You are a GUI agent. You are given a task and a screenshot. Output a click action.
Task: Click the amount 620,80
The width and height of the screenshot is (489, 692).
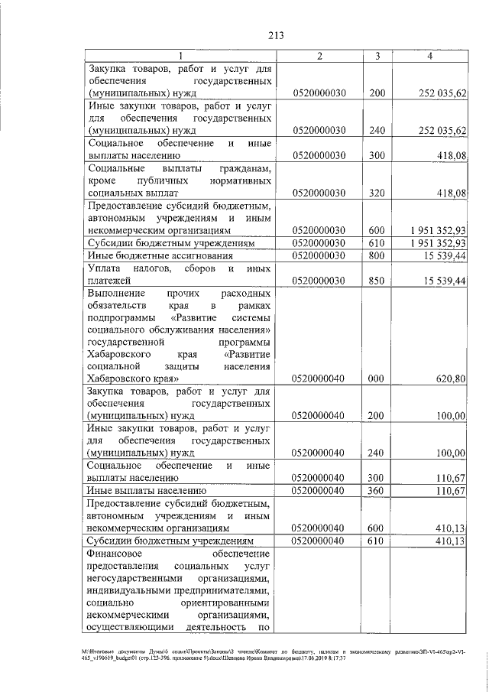coord(449,378)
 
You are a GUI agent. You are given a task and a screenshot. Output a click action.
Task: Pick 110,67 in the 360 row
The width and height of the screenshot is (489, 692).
coord(449,490)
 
